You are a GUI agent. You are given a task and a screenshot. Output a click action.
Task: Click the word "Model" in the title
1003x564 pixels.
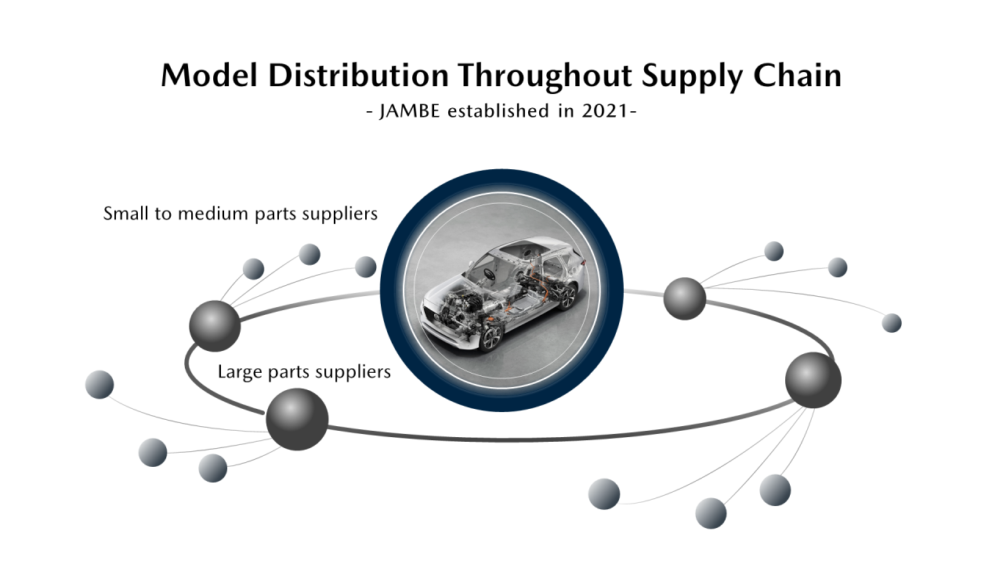pyautogui.click(x=209, y=75)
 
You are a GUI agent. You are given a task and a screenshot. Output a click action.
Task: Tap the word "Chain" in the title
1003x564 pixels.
pyautogui.click(x=798, y=75)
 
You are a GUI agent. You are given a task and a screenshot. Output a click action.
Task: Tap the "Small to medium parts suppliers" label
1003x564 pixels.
pyautogui.click(x=241, y=214)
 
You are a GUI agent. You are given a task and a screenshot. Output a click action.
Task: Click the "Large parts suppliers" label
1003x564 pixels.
pyautogui.click(x=304, y=372)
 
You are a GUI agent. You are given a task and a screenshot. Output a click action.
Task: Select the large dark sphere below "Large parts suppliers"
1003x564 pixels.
pyautogui.click(x=297, y=419)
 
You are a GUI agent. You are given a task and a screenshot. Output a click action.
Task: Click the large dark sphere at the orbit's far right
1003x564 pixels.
pyautogui.click(x=813, y=380)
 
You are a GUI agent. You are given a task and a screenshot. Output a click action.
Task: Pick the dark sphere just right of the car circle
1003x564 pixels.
pyautogui.click(x=685, y=298)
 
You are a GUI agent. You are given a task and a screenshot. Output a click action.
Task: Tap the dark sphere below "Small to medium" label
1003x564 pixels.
pyautogui.click(x=215, y=326)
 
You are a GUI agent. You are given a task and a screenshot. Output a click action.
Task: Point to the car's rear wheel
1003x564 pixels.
pyautogui.click(x=567, y=296)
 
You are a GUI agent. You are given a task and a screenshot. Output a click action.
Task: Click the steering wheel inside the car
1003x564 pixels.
pyautogui.click(x=489, y=273)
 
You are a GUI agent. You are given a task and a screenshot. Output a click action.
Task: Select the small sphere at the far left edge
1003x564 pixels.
pyautogui.click(x=100, y=385)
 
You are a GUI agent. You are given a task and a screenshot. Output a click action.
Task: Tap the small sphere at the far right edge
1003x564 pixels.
pyautogui.click(x=892, y=323)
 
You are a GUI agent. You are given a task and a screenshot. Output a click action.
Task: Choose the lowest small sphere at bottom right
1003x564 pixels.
pyautogui.click(x=711, y=513)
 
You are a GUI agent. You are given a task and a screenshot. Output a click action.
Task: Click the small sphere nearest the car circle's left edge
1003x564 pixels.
pyautogui.click(x=366, y=267)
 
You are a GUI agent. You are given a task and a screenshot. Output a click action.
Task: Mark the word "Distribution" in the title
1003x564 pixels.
pyautogui.click(x=358, y=75)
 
